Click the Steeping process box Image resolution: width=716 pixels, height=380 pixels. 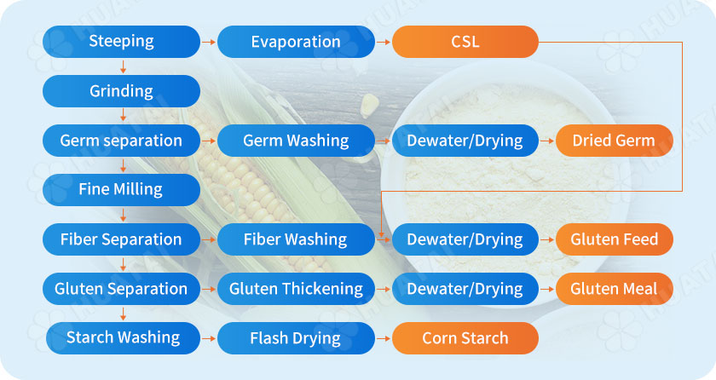click(x=121, y=41)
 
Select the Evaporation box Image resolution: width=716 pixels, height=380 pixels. click(x=296, y=42)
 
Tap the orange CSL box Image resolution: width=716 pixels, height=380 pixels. click(x=465, y=42)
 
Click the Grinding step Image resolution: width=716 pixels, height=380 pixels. click(x=121, y=91)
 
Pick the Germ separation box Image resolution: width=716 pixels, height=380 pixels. click(x=121, y=141)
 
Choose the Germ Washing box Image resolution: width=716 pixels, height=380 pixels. click(x=296, y=141)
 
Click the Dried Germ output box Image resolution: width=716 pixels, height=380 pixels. click(x=614, y=141)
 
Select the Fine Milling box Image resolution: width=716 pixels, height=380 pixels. click(x=121, y=189)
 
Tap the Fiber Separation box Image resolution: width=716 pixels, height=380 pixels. click(x=121, y=239)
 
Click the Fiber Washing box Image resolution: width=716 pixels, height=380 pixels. click(x=296, y=239)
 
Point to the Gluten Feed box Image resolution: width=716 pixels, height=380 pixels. click(x=614, y=239)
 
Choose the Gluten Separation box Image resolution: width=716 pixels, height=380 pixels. click(x=121, y=289)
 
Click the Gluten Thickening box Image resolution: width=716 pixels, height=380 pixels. click(x=296, y=289)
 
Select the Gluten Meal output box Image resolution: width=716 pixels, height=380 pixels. click(x=614, y=289)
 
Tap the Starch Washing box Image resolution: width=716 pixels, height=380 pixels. click(x=123, y=337)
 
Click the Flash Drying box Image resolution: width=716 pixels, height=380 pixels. click(x=296, y=338)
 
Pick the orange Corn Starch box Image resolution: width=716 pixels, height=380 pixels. click(x=465, y=338)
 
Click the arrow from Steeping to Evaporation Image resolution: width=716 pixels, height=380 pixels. click(x=208, y=41)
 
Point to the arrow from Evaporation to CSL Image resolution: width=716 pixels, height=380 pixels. click(x=383, y=41)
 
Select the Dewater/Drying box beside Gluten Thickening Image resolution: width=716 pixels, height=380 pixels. click(x=465, y=289)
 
